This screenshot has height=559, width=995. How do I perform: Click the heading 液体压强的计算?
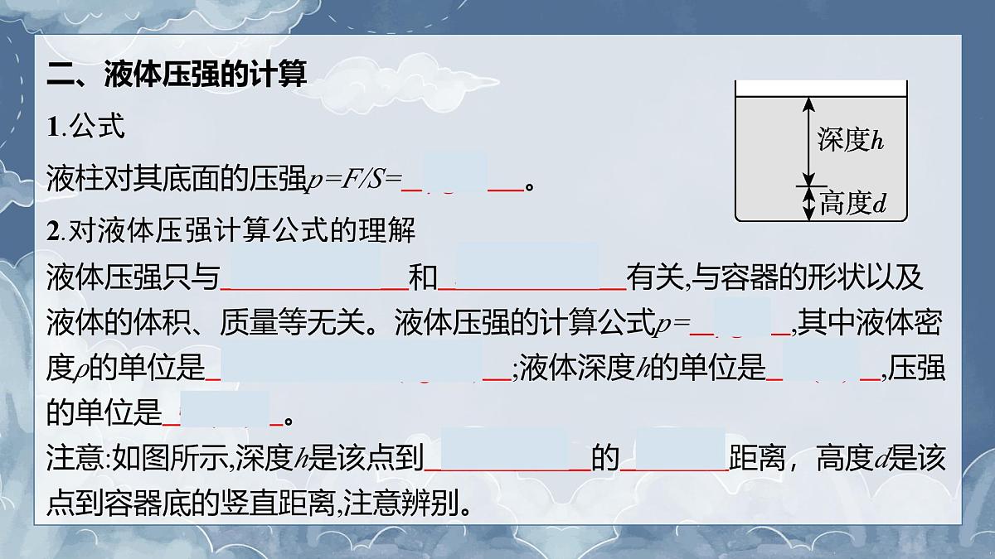pyautogui.click(x=206, y=75)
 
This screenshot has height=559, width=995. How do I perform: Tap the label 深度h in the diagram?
pyautogui.click(x=851, y=139)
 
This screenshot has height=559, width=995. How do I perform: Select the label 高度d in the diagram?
pyautogui.click(x=853, y=203)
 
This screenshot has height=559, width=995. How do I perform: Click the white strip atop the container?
pyautogui.click(x=821, y=88)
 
